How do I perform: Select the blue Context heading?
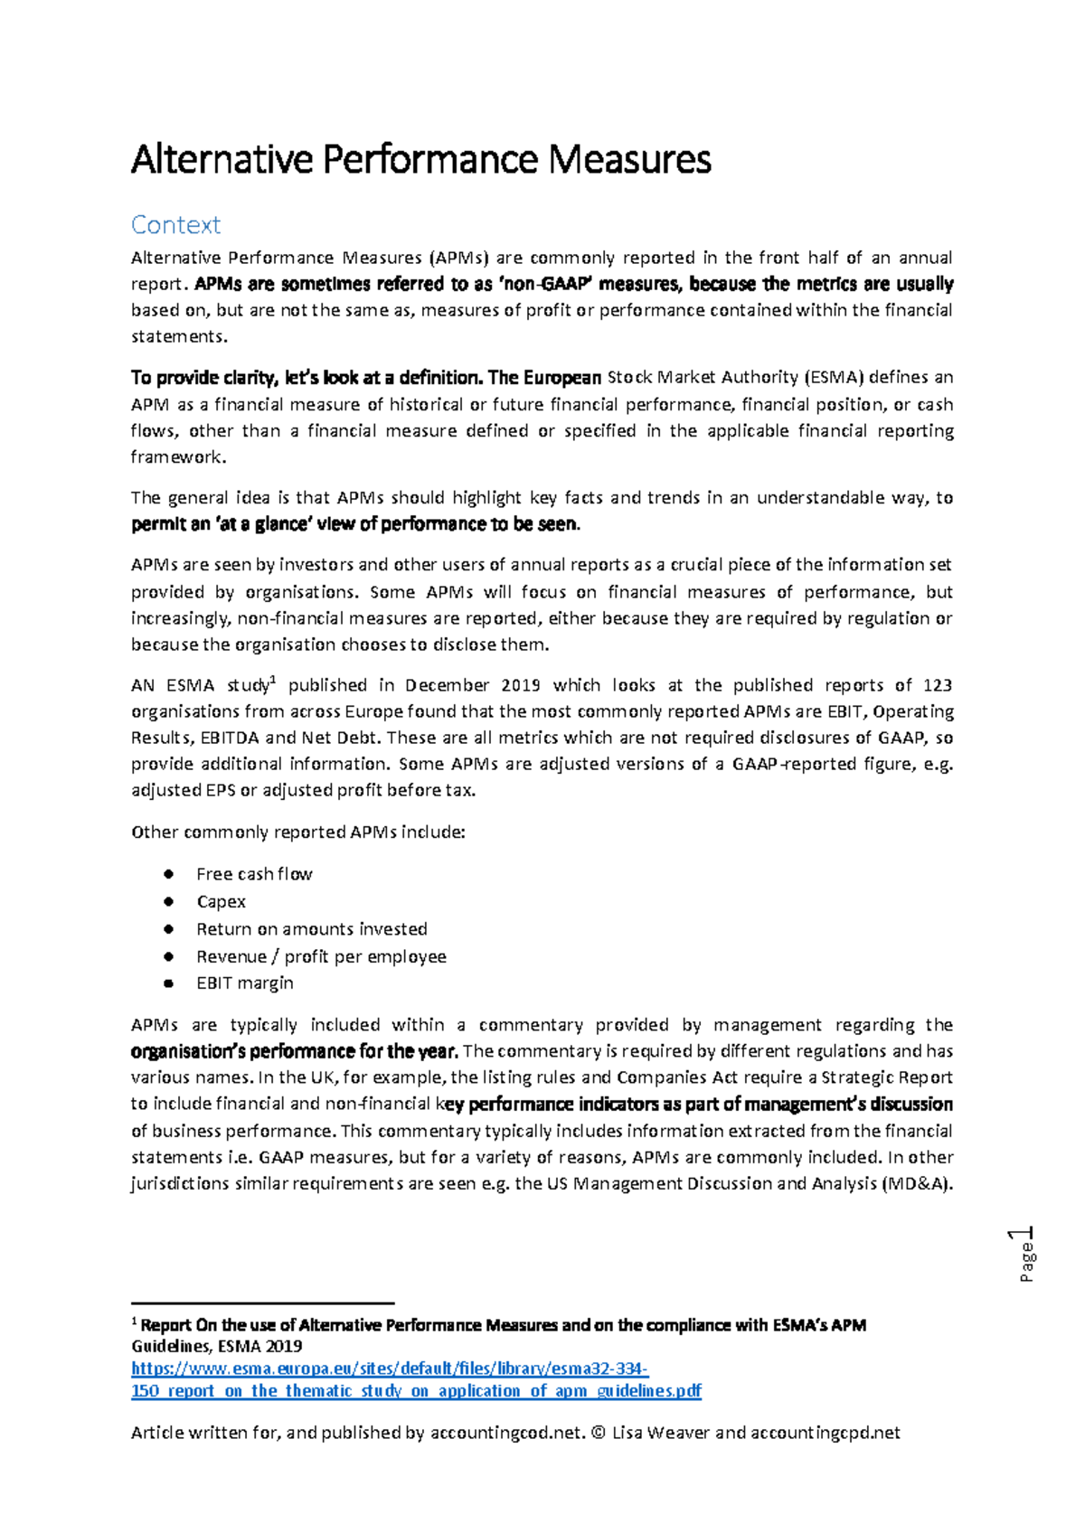coord(175,224)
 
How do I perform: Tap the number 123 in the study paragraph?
coord(938,685)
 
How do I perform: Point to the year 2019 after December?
coord(520,685)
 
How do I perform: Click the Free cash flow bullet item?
coord(254,874)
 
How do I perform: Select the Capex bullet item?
coord(221,901)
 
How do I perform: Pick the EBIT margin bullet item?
coord(244,983)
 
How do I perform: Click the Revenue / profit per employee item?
coord(321,956)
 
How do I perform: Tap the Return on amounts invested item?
coord(311,928)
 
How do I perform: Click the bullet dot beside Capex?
coord(168,901)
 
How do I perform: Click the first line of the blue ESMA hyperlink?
coord(390,1368)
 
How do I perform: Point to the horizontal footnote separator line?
coord(263,1303)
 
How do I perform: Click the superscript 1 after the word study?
coord(273,680)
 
